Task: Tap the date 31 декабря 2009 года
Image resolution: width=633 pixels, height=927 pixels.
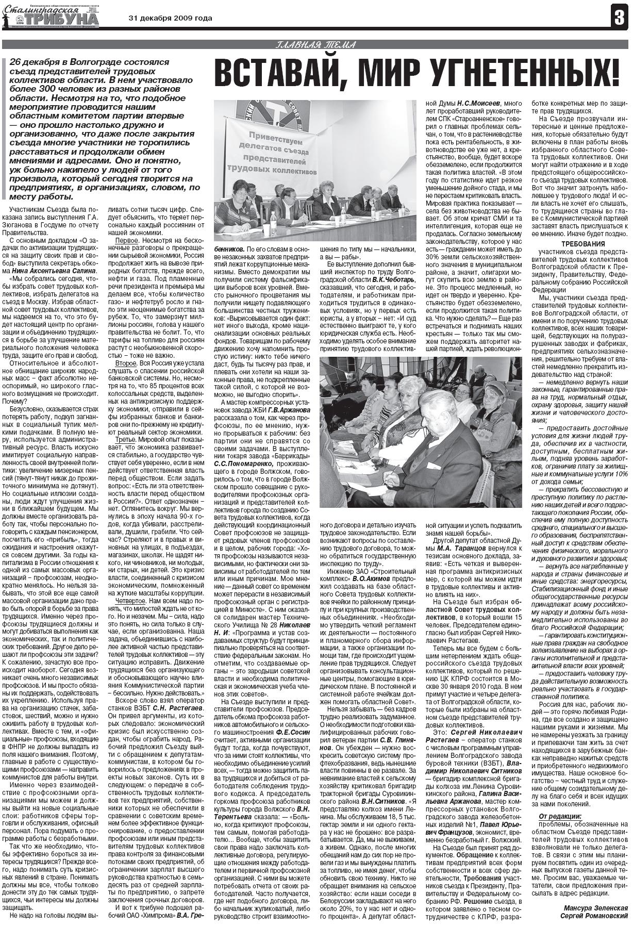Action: pyautogui.click(x=170, y=19)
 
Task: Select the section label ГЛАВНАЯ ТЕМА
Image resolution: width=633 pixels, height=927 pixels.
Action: pyautogui.click(x=316, y=44)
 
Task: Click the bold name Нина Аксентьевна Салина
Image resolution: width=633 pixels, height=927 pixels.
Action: pyautogui.click(x=45, y=270)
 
